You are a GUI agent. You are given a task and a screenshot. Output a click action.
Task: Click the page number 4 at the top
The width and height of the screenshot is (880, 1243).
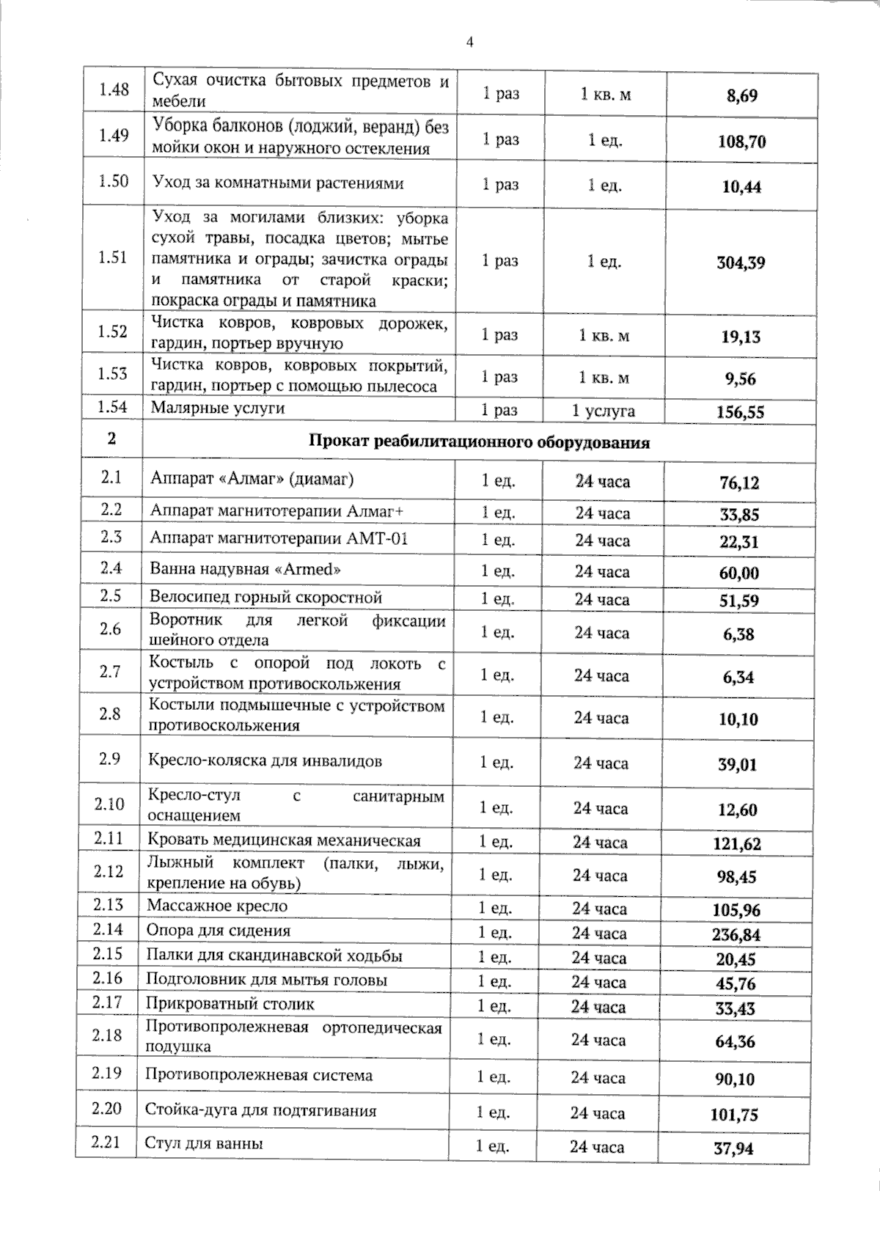point(470,42)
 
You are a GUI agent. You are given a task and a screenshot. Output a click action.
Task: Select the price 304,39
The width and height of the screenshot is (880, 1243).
point(741,263)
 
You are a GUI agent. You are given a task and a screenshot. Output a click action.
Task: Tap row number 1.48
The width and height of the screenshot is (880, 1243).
point(114,89)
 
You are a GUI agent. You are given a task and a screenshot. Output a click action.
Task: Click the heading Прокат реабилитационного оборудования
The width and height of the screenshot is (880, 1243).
point(479,442)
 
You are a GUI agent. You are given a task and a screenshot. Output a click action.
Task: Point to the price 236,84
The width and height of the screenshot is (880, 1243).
point(736,934)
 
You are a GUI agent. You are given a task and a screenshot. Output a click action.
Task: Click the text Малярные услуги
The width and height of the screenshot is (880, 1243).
point(218,408)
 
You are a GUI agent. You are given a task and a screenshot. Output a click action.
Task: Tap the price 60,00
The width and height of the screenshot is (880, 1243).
point(738,573)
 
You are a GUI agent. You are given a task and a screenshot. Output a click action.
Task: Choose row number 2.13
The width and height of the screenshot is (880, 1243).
point(109,905)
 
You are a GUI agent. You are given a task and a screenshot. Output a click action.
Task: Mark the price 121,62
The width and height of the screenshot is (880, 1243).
point(737,843)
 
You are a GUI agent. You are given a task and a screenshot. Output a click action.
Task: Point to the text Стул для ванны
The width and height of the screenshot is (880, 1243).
point(204,1143)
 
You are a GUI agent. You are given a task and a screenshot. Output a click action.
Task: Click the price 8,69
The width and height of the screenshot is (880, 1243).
point(741,95)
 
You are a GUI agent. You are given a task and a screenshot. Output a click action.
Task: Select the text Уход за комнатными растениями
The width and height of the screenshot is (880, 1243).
point(277,183)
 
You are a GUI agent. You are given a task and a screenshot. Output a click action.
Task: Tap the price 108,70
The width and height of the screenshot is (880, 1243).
point(741,142)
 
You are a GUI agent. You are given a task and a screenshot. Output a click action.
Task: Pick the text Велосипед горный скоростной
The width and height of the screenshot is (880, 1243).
point(266,597)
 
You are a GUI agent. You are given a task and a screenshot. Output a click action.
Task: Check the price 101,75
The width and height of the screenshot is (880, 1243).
point(734,1115)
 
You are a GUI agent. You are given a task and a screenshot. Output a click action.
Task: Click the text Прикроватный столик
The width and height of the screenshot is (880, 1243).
point(230,1004)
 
